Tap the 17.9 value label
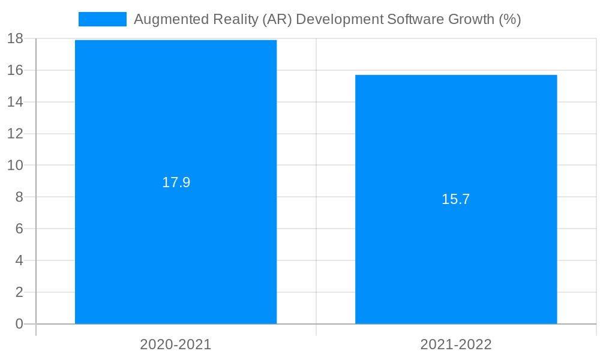(176, 182)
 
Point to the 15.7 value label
(456, 199)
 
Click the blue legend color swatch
(103, 19)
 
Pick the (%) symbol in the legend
(509, 19)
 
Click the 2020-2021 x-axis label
(176, 344)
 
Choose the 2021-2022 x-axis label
(456, 344)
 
